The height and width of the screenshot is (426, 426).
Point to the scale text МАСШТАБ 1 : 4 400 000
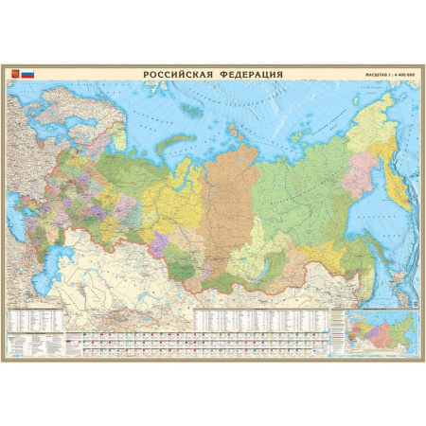[x=390, y=74]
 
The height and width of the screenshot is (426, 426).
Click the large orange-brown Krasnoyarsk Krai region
[x=227, y=189]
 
